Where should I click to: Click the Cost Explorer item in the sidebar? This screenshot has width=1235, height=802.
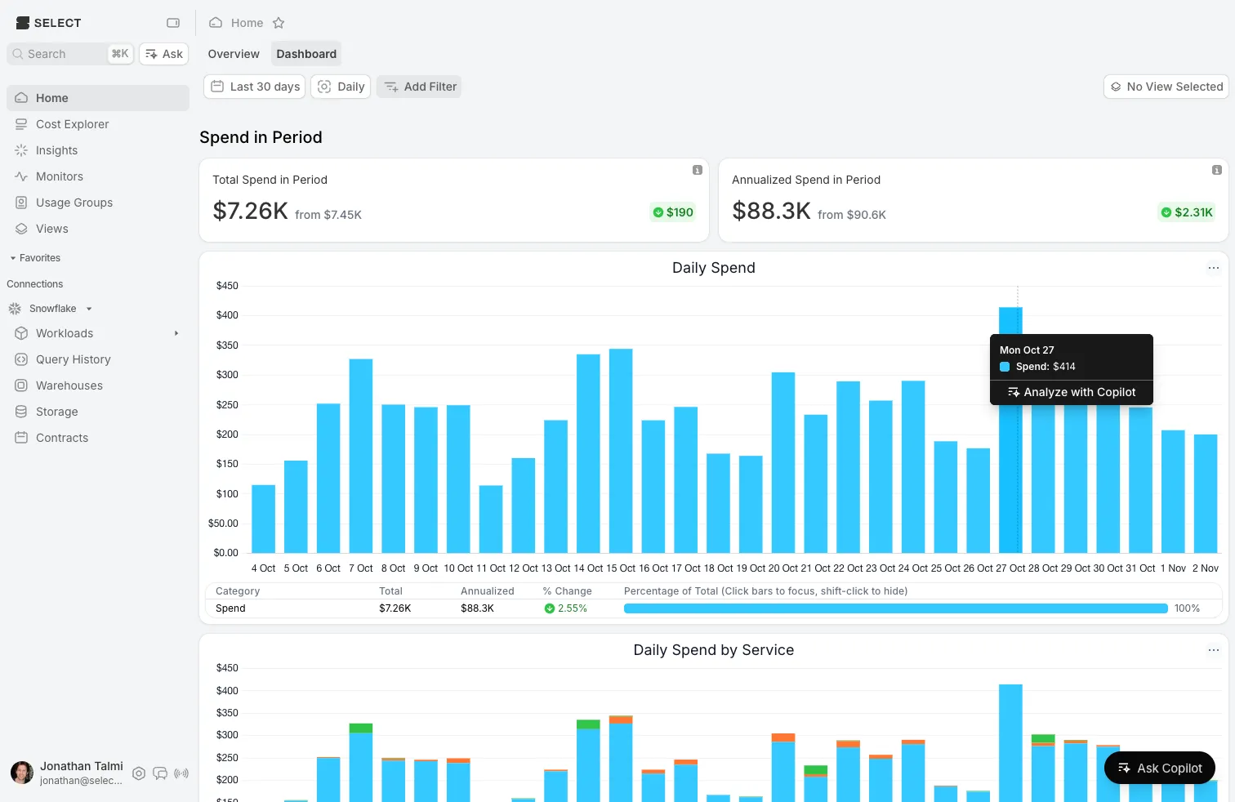72,124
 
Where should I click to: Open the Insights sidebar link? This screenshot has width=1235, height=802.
56,150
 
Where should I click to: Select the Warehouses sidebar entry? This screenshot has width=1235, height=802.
69,385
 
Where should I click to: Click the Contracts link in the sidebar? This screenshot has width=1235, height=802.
61,438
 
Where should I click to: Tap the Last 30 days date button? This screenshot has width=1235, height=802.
255,87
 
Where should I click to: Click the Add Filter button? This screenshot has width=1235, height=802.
419,87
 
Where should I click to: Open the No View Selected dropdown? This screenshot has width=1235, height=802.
1166,87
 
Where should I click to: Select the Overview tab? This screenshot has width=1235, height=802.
234,54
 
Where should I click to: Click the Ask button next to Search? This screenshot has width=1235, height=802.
164,54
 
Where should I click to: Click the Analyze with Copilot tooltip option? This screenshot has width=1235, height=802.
1071,392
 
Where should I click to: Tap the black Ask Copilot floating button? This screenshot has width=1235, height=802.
1159,768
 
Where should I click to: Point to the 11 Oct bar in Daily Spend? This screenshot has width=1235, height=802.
491,519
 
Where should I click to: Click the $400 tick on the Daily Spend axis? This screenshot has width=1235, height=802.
227,315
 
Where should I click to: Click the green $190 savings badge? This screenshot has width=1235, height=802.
673,212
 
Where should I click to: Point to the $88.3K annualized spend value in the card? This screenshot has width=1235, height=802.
771,211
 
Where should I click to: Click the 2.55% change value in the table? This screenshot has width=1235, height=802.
566,608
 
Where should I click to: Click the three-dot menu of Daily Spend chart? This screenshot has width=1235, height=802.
1213,268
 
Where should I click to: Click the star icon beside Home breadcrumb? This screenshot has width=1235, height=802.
279,23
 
